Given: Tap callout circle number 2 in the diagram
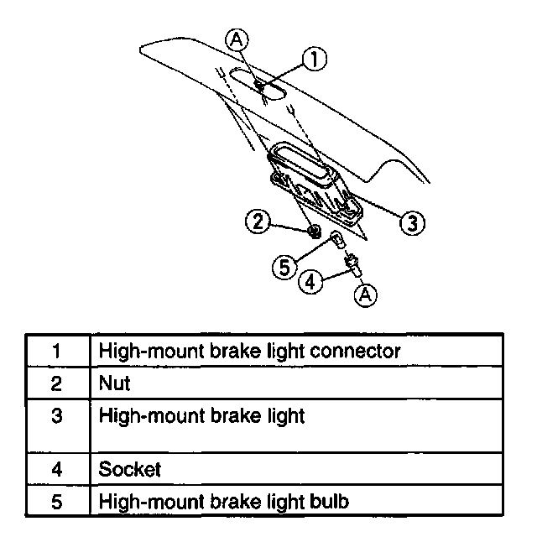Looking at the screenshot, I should coord(258,222).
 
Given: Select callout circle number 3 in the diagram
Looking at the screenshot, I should coord(410,222).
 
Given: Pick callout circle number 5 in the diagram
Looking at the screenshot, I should coord(285,267).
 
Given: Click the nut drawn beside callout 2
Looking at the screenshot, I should coord(313,231).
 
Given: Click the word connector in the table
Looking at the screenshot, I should coord(356,350).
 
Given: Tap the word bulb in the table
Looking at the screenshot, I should coord(328,502).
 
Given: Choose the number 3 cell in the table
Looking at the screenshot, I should coord(57,414).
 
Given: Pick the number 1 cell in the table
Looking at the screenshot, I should coord(57,350).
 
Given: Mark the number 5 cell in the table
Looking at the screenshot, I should coord(57,502).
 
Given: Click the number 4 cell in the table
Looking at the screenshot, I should coord(57,469).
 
